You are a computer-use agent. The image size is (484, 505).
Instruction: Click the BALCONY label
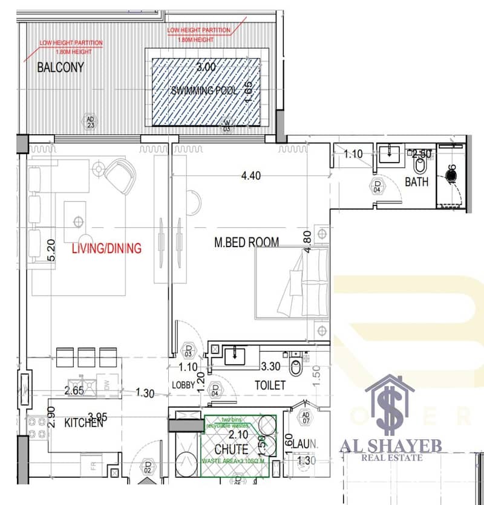(60, 67)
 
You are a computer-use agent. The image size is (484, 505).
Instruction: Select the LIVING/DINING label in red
(106, 248)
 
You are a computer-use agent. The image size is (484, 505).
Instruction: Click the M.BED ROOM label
(247, 242)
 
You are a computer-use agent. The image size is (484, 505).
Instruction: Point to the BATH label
(417, 181)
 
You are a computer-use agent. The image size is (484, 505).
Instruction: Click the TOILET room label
(270, 385)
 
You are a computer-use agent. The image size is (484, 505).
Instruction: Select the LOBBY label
(183, 385)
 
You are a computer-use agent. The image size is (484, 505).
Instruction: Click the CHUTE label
(231, 449)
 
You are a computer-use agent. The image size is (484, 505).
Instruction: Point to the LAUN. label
(306, 444)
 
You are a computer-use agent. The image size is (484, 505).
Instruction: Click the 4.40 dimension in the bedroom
(251, 176)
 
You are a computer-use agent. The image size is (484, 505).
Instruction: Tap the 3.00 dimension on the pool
(206, 67)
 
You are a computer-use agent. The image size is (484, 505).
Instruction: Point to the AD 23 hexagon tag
(90, 122)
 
